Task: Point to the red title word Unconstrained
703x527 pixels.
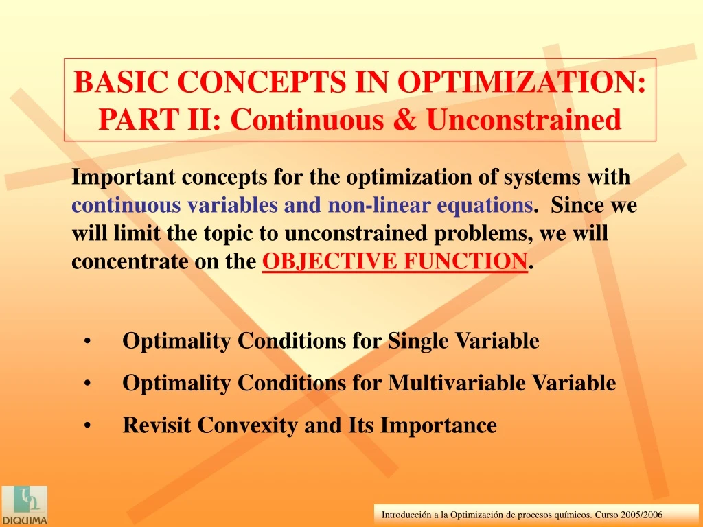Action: point(524,119)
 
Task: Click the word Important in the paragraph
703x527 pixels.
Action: point(124,178)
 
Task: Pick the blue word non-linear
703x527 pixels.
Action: point(379,204)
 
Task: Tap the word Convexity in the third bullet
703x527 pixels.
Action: point(247,425)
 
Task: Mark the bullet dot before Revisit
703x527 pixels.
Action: point(87,425)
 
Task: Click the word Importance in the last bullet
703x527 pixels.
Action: point(439,425)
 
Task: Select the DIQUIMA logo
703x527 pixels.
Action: point(24,506)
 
